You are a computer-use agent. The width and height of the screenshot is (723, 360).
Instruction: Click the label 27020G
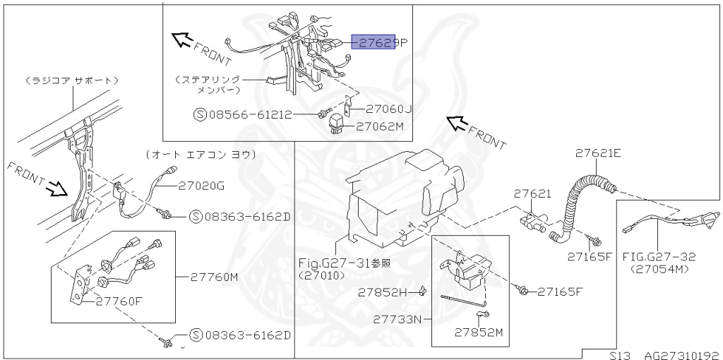click(201, 186)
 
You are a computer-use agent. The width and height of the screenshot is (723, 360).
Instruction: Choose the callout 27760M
click(214, 277)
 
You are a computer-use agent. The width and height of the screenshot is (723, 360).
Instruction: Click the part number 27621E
click(597, 152)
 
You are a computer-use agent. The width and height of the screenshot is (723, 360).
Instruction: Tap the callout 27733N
click(398, 319)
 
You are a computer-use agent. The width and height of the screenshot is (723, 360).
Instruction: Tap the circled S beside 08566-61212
click(199, 114)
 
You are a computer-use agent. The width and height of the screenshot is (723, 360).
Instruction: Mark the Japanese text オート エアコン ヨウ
click(200, 154)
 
